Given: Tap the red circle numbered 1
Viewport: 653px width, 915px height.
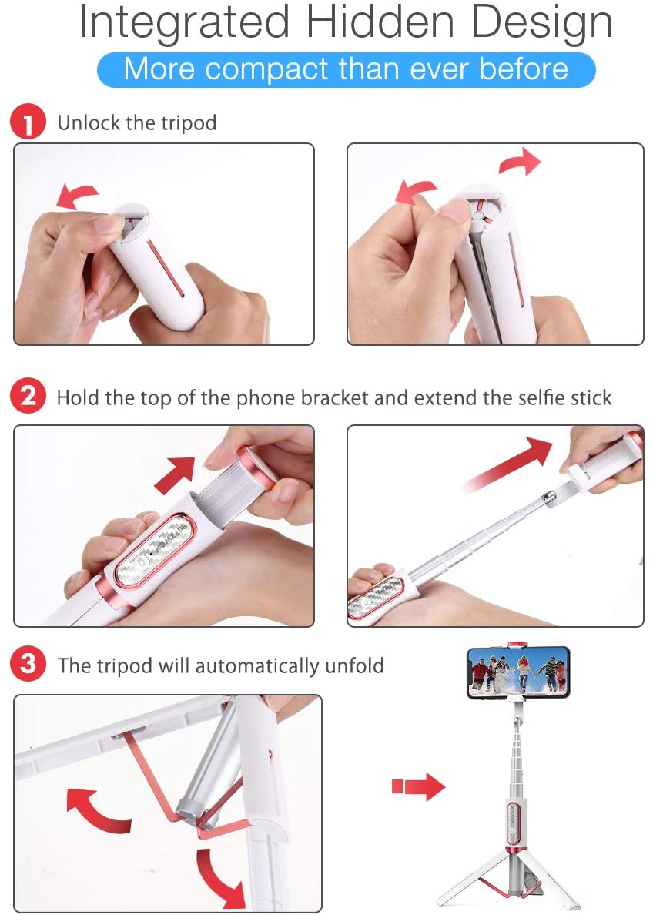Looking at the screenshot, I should click(28, 122).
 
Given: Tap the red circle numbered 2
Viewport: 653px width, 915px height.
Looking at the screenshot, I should click(28, 397).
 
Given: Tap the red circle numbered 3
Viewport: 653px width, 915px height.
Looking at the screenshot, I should click(28, 665).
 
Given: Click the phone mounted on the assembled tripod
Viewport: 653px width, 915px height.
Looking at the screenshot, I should click(517, 672).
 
